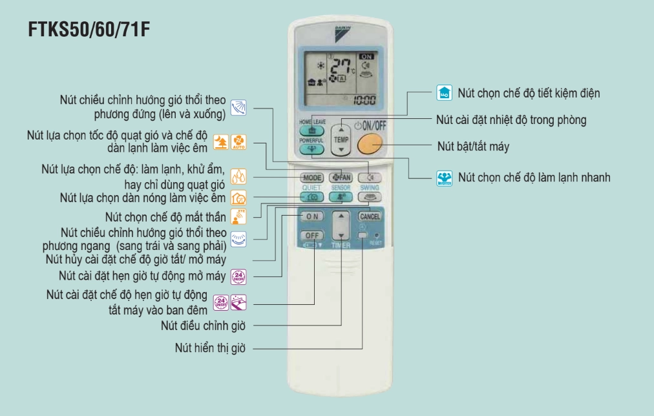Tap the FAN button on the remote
[x=341, y=177]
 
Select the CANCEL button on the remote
[x=369, y=216]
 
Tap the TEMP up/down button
[x=341, y=138]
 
